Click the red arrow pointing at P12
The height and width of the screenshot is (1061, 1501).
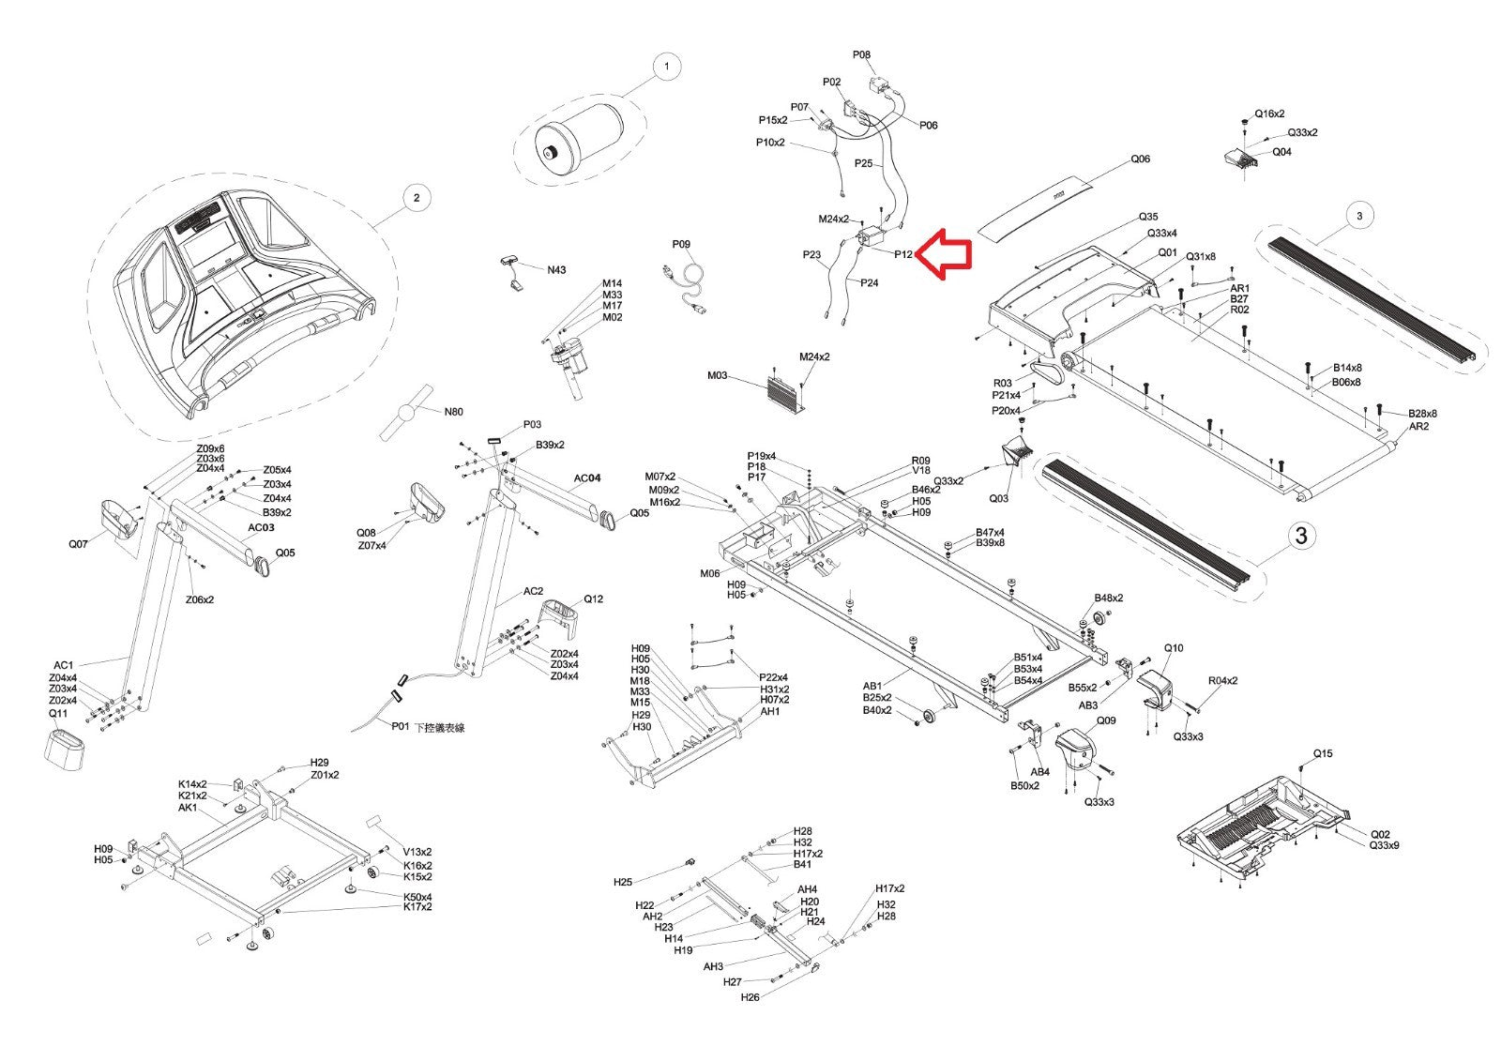click(x=943, y=254)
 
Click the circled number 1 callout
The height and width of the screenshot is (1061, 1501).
click(x=666, y=67)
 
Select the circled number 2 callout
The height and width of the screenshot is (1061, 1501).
click(x=417, y=198)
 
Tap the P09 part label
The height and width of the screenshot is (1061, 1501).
click(x=681, y=244)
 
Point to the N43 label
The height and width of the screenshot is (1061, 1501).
click(x=556, y=270)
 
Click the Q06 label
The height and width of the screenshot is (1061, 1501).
click(x=1141, y=159)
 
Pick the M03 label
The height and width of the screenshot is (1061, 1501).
click(x=717, y=375)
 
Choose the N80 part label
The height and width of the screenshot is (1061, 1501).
click(x=454, y=412)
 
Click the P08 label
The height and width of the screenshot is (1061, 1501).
click(x=861, y=55)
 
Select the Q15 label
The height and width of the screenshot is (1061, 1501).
click(x=1323, y=753)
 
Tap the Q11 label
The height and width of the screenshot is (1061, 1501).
click(x=58, y=713)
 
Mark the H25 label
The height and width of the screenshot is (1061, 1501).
click(x=623, y=882)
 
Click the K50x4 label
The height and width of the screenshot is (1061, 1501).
click(x=417, y=897)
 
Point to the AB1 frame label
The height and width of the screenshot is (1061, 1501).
click(x=872, y=686)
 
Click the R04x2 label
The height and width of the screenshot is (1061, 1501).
click(x=1223, y=680)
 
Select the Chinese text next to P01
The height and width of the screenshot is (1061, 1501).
click(x=440, y=727)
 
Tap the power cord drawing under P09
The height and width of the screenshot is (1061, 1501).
click(x=684, y=289)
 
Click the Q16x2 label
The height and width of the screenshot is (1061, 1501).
click(x=1270, y=114)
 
